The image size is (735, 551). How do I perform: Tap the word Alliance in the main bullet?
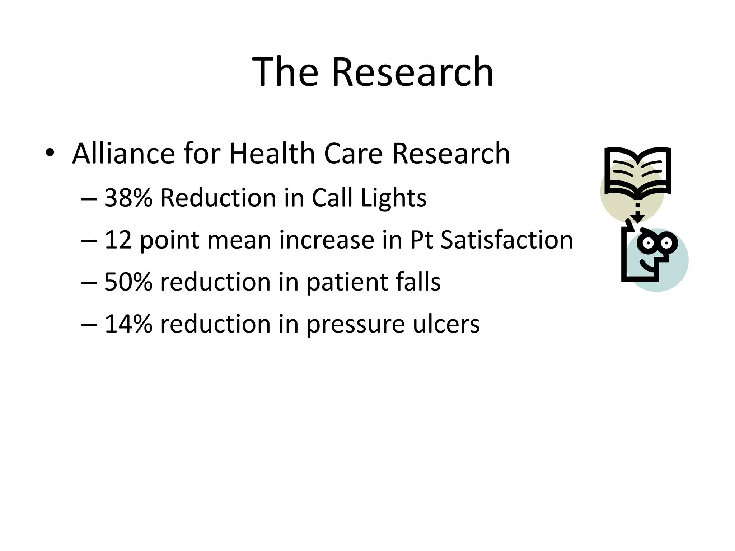[x=123, y=154]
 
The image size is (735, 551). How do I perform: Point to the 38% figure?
[x=128, y=198]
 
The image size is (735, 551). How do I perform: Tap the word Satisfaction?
[x=506, y=240]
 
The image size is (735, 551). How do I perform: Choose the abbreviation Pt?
[x=421, y=240]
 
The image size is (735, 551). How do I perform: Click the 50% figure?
[x=128, y=282]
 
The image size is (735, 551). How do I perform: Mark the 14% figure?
[x=128, y=324]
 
